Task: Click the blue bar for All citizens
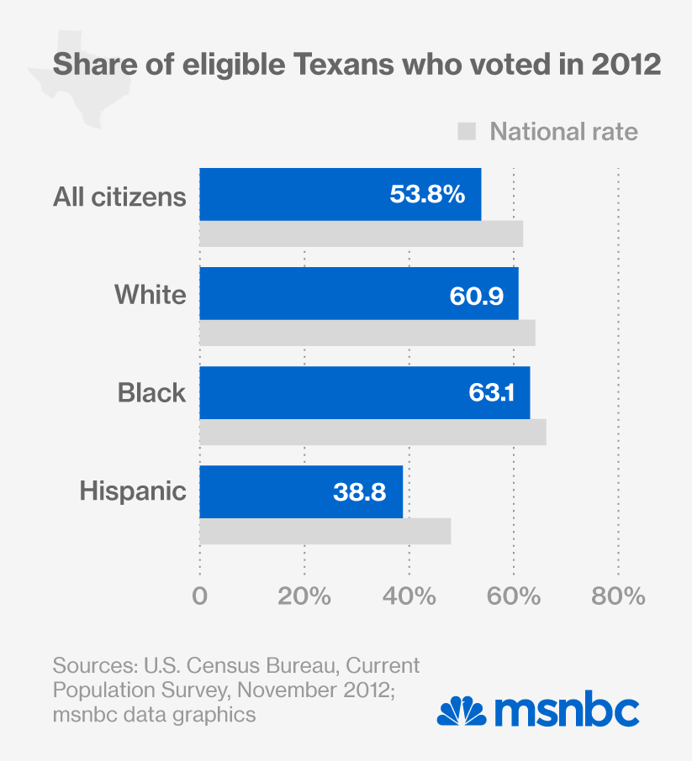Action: [294, 194]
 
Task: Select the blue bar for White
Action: [320, 293]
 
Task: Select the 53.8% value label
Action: [427, 195]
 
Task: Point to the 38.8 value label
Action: [359, 492]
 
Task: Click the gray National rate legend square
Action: [467, 132]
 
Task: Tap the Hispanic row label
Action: [133, 491]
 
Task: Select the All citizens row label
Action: [119, 197]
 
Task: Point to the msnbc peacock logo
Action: [461, 713]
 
